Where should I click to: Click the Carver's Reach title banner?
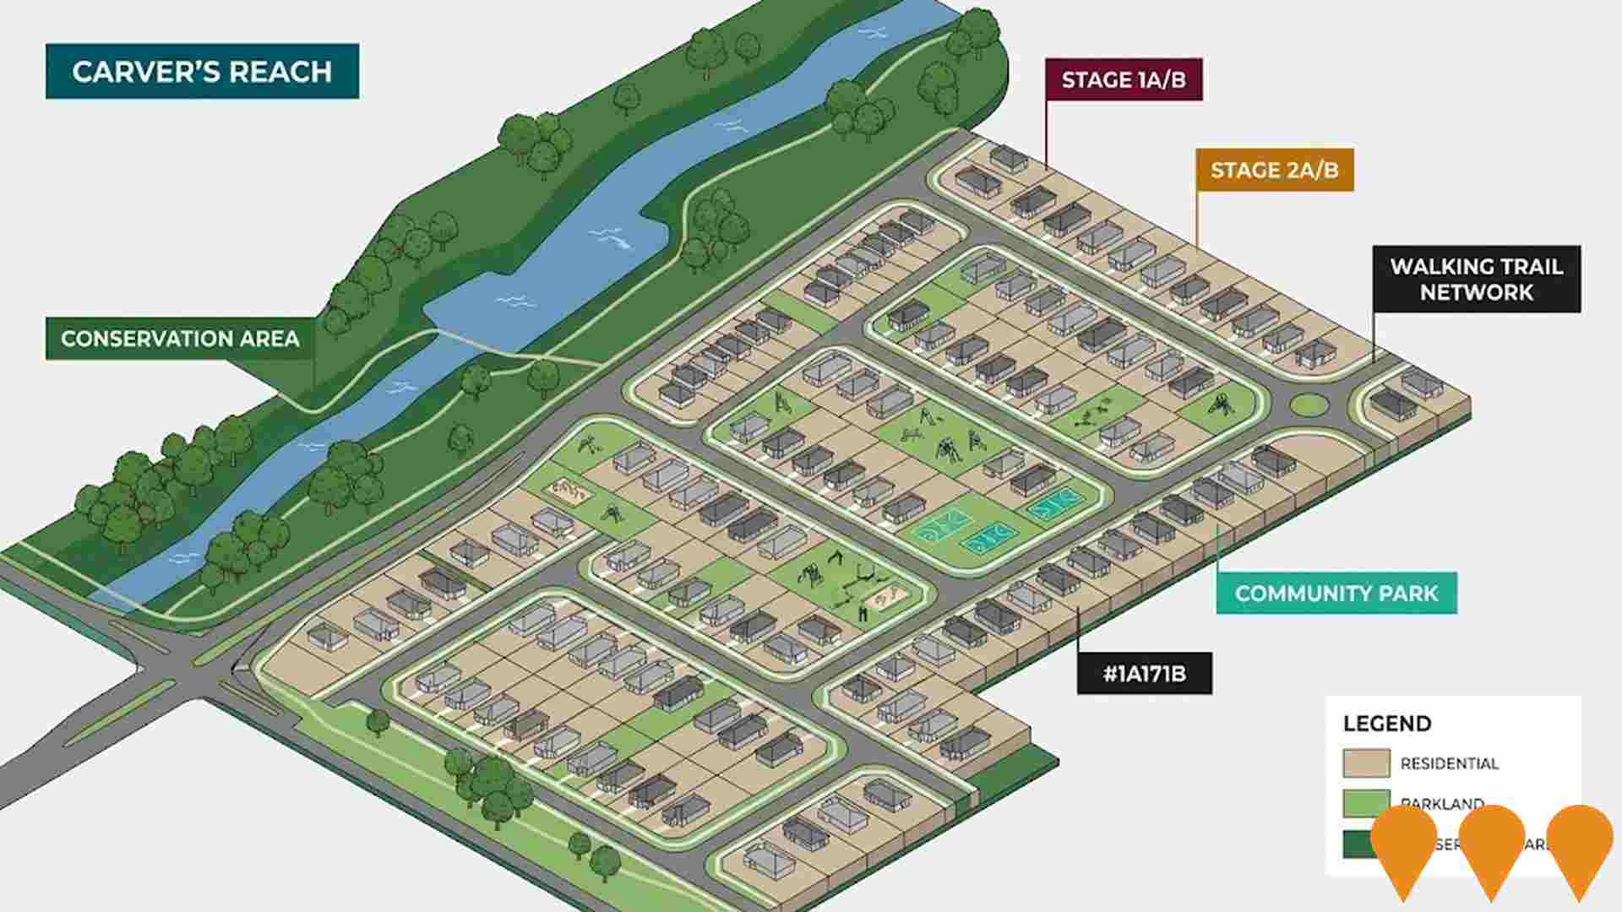coord(202,72)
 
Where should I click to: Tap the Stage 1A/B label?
coord(1123,80)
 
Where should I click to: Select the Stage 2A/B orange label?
coord(1274,171)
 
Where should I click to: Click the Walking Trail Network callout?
coord(1476,280)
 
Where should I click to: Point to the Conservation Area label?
coord(180,339)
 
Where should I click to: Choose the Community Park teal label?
coord(1336,594)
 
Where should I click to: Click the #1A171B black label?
coord(1144,674)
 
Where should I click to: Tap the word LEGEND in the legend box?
coord(1387,724)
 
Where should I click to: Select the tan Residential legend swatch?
coord(1366,763)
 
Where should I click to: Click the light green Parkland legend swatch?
coord(1366,802)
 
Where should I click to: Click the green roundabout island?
coord(1309,405)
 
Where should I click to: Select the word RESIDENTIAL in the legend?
coord(1449,763)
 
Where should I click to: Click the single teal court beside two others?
coord(1055,504)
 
